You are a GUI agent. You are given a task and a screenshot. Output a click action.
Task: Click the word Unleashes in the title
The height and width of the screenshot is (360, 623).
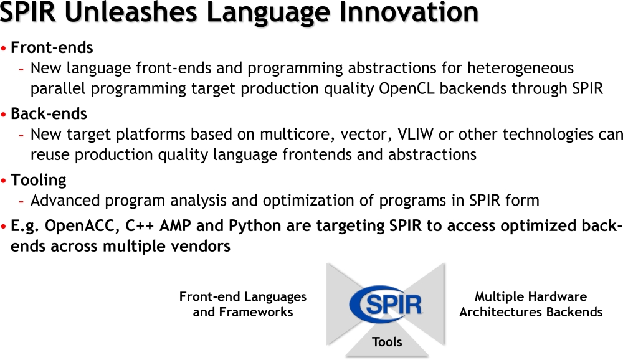131,12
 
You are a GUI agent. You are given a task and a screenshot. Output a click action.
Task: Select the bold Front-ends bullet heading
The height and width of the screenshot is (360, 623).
52,48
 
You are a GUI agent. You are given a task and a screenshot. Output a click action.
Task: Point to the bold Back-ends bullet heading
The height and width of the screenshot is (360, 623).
49,113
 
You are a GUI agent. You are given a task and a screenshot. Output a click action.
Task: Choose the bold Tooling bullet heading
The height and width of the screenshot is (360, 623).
38,181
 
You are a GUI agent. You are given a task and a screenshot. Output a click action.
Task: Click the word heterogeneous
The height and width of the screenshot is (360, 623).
520,69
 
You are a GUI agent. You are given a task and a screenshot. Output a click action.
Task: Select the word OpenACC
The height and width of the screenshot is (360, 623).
83,226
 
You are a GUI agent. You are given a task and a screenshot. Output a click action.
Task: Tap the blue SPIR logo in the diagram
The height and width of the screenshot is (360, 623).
386,305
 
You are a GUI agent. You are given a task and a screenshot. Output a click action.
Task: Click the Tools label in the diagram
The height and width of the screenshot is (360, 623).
387,342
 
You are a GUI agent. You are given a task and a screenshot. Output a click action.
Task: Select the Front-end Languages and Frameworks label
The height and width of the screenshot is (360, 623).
243,305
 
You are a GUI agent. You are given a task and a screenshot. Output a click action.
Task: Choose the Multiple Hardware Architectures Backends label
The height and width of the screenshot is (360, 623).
531,305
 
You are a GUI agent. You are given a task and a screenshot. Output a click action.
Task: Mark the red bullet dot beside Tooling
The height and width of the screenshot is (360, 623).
4,181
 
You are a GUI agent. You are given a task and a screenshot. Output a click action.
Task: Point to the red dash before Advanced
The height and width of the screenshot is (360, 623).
21,201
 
